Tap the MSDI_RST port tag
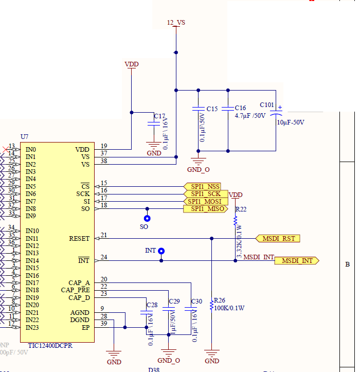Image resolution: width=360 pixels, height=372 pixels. (278, 239)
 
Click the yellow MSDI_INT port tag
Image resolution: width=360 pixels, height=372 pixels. (297, 261)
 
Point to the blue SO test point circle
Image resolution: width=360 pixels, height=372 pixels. (147, 218)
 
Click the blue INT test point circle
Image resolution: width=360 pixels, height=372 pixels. (161, 251)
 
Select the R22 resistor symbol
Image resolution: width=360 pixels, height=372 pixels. (236, 220)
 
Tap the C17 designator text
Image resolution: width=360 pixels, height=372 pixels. (159, 116)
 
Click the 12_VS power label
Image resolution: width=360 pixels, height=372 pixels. (176, 23)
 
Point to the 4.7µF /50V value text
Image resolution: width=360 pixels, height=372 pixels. (250, 116)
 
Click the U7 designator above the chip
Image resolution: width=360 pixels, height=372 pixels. (25, 136)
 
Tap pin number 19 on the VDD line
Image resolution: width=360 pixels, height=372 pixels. (104, 146)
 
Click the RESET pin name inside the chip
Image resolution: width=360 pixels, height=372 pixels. (79, 239)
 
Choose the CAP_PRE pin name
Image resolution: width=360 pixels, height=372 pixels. (75, 290)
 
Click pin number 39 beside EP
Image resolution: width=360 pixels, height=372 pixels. (104, 323)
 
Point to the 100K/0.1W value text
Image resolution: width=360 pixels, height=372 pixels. (229, 308)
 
